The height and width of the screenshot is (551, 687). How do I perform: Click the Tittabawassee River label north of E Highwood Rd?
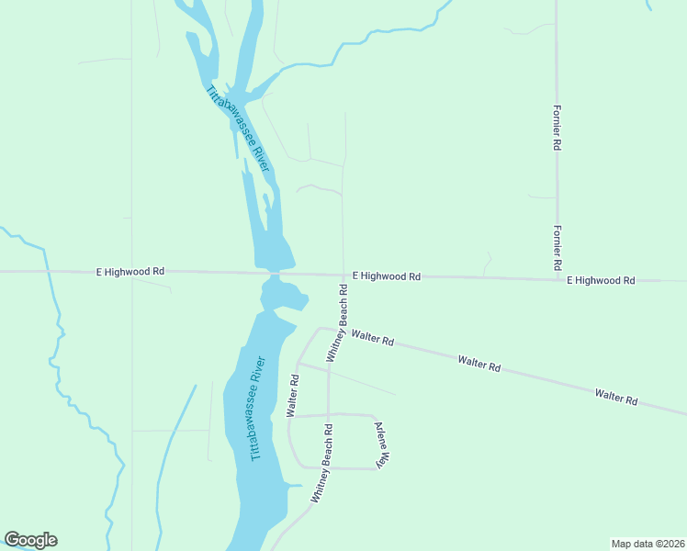(x=237, y=128)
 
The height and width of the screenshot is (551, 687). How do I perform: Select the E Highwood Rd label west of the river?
(x=130, y=272)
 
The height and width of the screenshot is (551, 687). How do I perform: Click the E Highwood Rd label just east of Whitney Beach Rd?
(x=387, y=275)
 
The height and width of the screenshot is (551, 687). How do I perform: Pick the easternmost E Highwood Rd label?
(x=601, y=280)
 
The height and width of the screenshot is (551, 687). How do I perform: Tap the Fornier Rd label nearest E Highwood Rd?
(x=557, y=247)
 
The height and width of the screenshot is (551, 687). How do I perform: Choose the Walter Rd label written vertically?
(x=293, y=396)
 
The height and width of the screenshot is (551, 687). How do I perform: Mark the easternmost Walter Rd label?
(x=615, y=397)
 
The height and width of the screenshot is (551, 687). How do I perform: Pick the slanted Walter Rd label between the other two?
(x=479, y=364)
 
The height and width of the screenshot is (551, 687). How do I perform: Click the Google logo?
(x=30, y=540)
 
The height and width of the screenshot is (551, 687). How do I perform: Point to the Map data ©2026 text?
(x=647, y=543)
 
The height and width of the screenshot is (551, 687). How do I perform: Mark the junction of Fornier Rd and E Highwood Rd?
(x=557, y=278)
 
